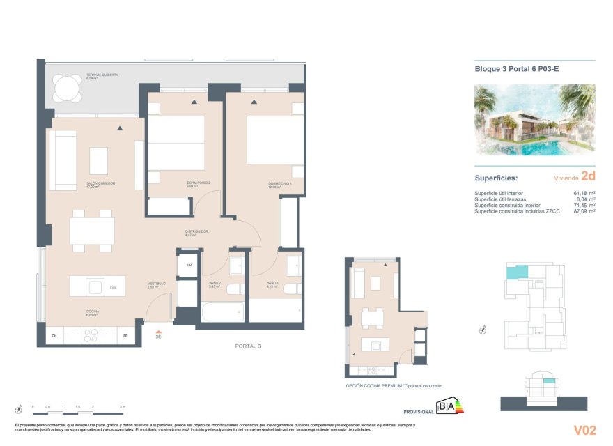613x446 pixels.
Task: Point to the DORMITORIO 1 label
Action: pyautogui.click(x=279, y=184)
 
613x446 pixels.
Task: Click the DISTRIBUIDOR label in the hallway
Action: pyautogui.click(x=196, y=231)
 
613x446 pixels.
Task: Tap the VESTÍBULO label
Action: pyautogui.click(x=157, y=284)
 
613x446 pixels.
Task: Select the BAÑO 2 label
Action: pyautogui.click(x=215, y=284)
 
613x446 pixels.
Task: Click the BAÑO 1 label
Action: pyautogui.click(x=272, y=284)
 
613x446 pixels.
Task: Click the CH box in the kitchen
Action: pyautogui.click(x=54, y=337)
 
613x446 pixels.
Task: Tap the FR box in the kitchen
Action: pyautogui.click(x=125, y=337)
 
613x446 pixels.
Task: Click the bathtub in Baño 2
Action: pyautogui.click(x=223, y=311)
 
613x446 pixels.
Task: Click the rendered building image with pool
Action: pyautogui.click(x=534, y=119)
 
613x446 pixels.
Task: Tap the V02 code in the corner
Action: pyautogui.click(x=584, y=429)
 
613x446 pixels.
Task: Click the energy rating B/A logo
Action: pyautogui.click(x=446, y=406)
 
